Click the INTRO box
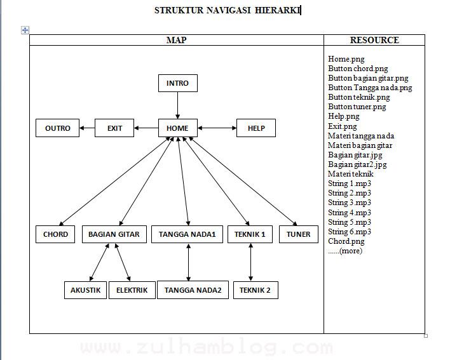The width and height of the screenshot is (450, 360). click(177, 83)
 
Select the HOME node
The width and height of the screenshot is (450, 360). click(177, 128)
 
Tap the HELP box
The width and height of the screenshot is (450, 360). click(256, 128)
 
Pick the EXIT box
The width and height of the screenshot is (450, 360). click(114, 128)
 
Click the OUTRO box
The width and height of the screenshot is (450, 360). click(58, 128)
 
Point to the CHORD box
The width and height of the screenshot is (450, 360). click(55, 234)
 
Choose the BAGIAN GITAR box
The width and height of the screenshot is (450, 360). click(114, 234)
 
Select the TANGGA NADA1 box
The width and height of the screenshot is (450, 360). click(187, 234)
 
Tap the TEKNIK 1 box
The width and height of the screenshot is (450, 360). click(250, 234)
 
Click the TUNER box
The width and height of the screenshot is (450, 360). click(298, 234)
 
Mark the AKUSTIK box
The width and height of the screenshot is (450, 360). click(85, 290)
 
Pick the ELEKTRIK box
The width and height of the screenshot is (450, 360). click(132, 290)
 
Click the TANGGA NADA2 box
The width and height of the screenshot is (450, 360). click(193, 290)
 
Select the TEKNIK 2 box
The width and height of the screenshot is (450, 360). click(255, 290)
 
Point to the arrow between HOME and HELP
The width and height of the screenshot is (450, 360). click(217, 128)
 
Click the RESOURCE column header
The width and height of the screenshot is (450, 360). click(374, 40)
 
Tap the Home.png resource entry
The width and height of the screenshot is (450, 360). click(346, 59)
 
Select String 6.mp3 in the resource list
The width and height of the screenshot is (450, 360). click(350, 232)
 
